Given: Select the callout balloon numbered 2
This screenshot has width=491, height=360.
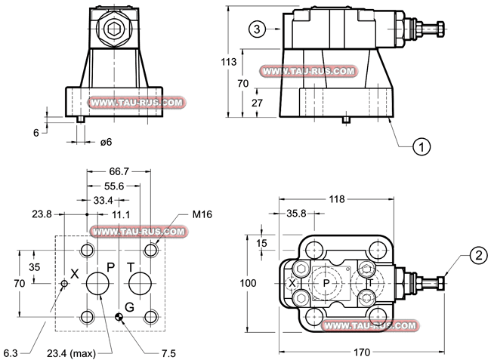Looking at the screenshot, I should tap(477, 256).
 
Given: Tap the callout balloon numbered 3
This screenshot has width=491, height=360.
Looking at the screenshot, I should tap(258, 29).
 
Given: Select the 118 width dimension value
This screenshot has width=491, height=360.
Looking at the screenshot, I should tap(337, 199).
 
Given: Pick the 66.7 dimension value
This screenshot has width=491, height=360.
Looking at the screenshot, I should tap(120, 173).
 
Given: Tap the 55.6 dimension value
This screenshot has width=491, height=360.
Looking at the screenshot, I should tap(116, 186).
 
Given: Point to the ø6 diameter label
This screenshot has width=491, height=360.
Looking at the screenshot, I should tap(107, 142).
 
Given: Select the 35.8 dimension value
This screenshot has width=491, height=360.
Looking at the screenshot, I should tap(299, 214).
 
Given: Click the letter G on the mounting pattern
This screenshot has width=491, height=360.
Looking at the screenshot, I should tap(130, 307).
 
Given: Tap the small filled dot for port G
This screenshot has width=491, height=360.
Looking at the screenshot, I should tap(119, 316).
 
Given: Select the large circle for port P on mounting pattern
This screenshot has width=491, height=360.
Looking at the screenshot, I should tap(98, 284).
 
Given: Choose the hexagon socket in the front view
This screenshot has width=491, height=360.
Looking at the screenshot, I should tap(116, 30).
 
